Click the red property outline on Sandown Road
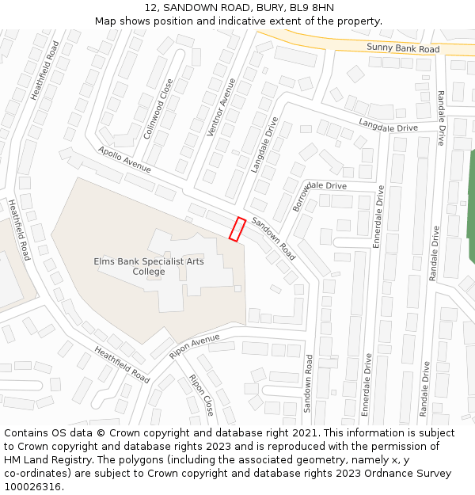(x=237, y=229)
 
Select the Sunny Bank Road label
(x=402, y=49)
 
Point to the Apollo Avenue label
(x=124, y=159)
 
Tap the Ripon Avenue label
(x=194, y=346)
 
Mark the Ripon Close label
(x=201, y=395)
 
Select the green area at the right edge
(x=470, y=206)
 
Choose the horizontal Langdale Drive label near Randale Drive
(x=388, y=126)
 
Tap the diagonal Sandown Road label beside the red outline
(x=274, y=239)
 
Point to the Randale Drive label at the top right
(x=440, y=119)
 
